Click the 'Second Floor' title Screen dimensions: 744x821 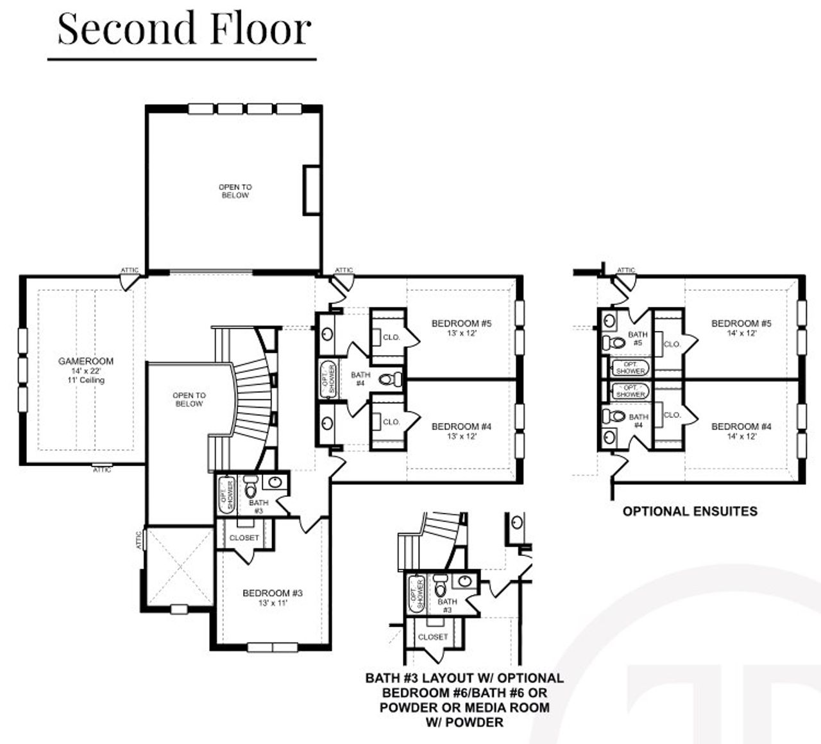coord(184,29)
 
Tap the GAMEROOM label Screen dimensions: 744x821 coord(85,361)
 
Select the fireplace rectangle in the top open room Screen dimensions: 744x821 coord(311,189)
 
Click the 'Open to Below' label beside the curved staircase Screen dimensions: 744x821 coord(189,399)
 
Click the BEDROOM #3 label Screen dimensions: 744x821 coord(272,593)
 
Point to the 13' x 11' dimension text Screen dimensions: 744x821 coord(272,603)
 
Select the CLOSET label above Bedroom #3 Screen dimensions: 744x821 coord(244,537)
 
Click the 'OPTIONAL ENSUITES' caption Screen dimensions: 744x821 coord(690,512)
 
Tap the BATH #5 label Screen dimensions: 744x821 coord(638,338)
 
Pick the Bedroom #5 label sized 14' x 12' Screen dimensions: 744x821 coord(741,324)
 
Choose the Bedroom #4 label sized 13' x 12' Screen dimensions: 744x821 coord(461,427)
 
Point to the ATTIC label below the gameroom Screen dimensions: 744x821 coord(102,470)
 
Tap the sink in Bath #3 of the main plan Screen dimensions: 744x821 coord(275,482)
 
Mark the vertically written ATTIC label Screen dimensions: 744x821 coord(139,540)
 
